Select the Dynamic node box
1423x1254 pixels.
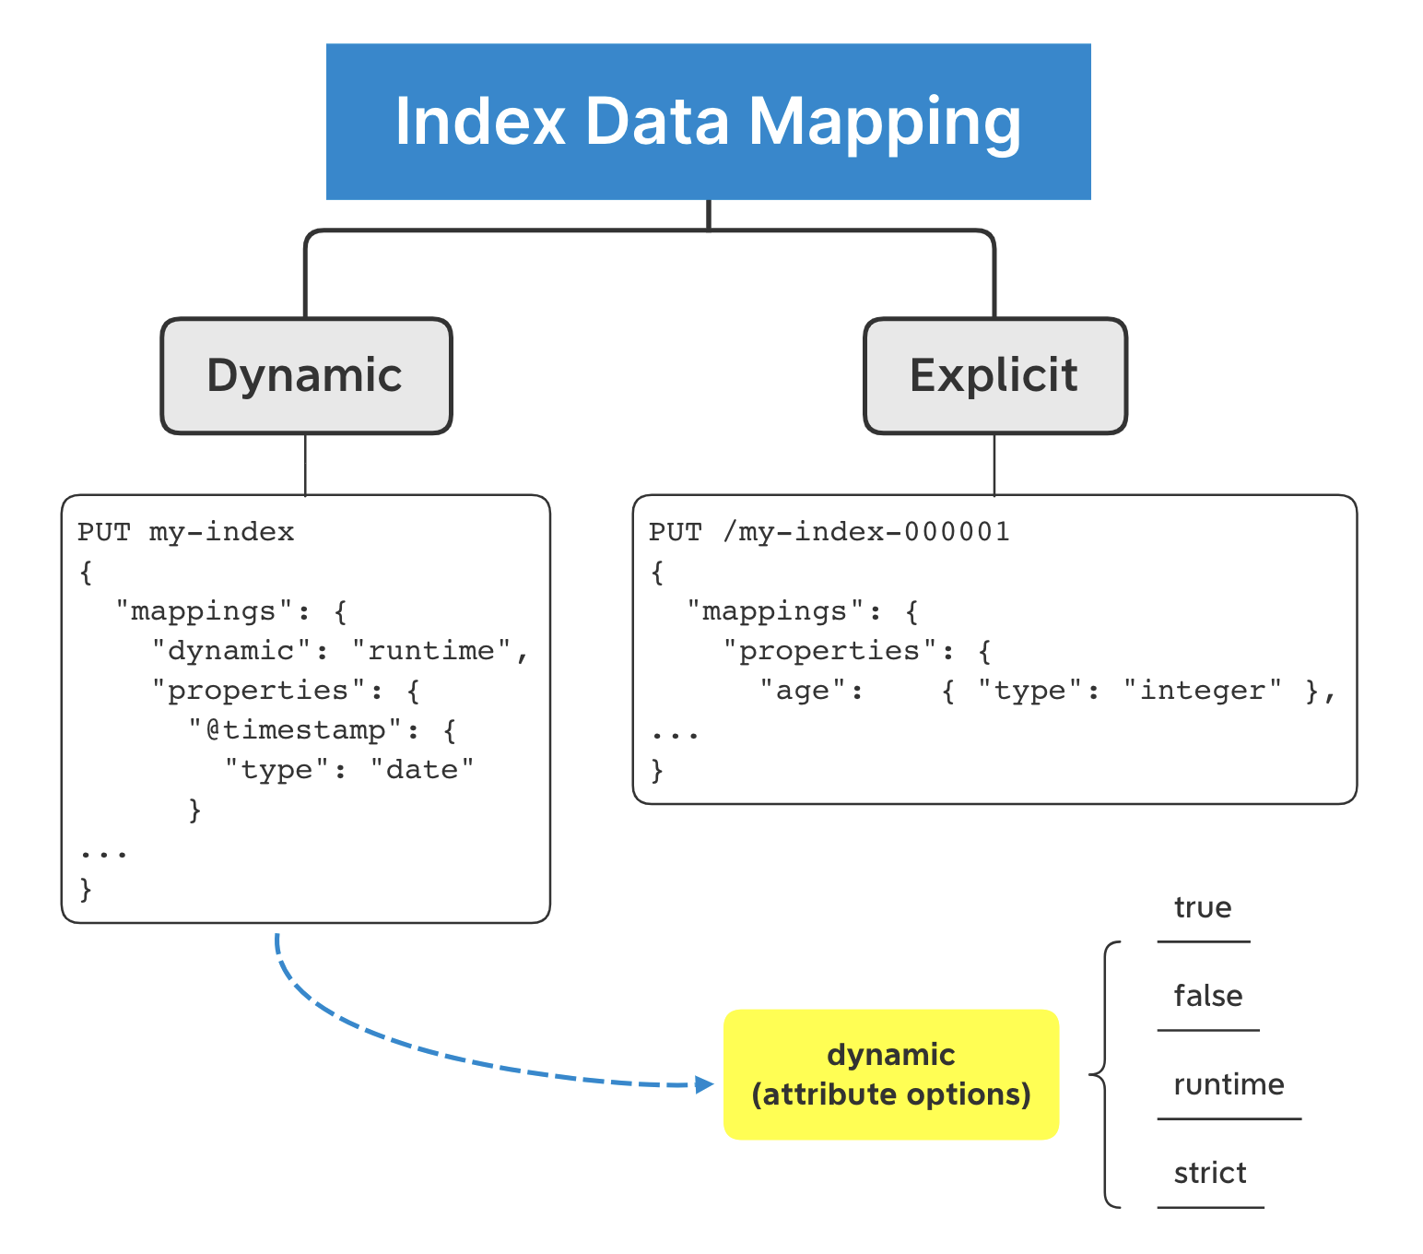click(x=306, y=376)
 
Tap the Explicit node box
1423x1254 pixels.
click(x=994, y=376)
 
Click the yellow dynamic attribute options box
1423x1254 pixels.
click(x=890, y=1074)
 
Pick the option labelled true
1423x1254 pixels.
click(x=1202, y=908)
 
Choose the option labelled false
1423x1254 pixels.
click(x=1207, y=997)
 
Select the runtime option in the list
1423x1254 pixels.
click(x=1228, y=1085)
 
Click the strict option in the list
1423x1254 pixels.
click(x=1209, y=1174)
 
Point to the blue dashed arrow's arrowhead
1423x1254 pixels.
click(x=705, y=1084)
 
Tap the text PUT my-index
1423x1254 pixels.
click(x=185, y=533)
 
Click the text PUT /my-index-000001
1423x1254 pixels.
click(x=829, y=533)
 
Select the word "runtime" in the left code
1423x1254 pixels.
click(x=431, y=652)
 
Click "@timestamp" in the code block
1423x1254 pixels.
click(x=296, y=731)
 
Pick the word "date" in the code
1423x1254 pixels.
click(x=422, y=771)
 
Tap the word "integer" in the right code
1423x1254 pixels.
click(x=1202, y=692)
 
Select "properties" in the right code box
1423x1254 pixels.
click(x=829, y=652)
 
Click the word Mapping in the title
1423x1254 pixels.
click(x=884, y=123)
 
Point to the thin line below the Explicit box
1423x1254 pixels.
click(x=994, y=465)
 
